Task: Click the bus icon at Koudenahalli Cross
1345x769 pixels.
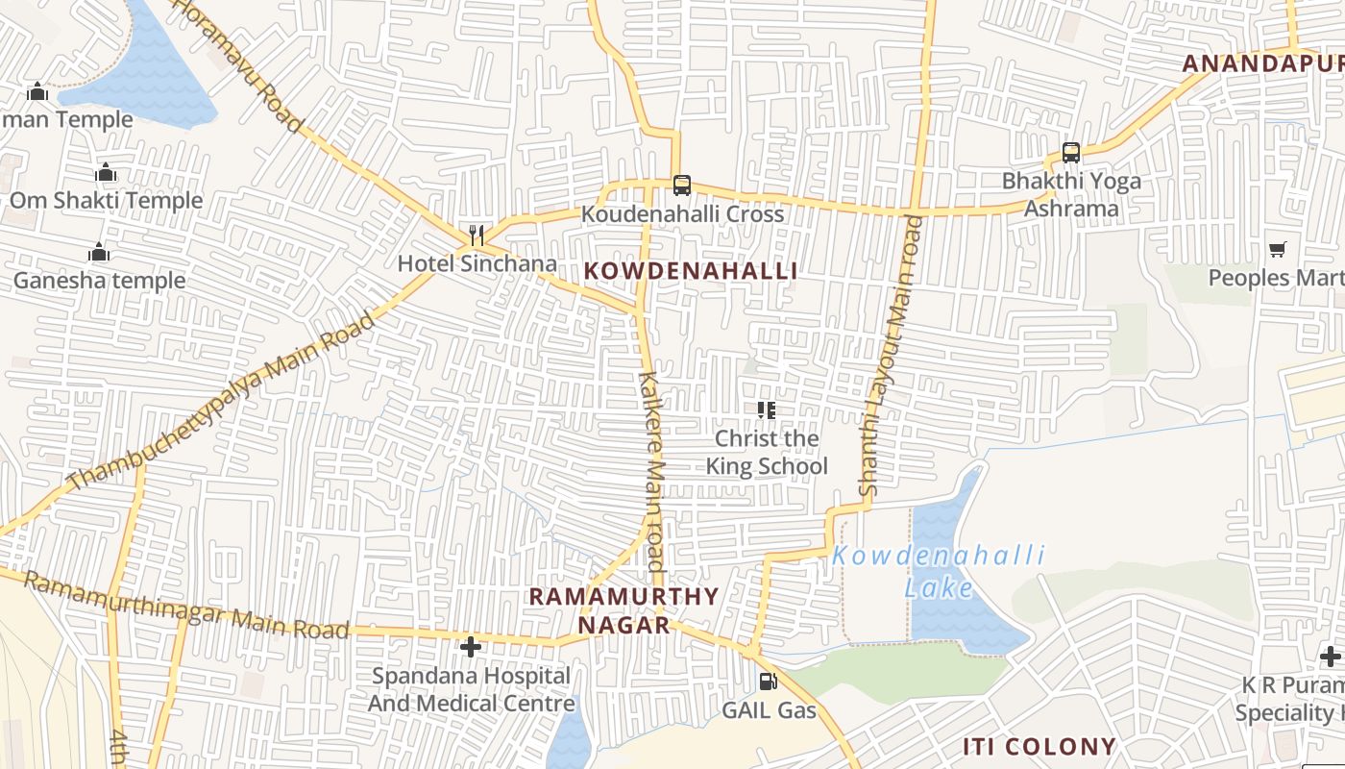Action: pos(681,185)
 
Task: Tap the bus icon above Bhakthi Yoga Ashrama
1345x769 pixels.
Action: pos(1070,152)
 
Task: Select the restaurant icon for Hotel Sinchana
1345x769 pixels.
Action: pos(477,235)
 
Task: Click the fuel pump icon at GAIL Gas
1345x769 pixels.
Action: pos(768,682)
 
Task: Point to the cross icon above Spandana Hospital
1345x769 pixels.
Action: pos(471,647)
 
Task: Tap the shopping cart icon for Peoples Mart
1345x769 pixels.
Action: pos(1277,250)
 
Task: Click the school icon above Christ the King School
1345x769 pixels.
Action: pos(766,410)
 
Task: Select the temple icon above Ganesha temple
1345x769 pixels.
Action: pos(99,253)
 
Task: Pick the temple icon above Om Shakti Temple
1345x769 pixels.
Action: pos(106,173)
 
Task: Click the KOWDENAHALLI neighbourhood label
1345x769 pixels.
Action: pos(691,271)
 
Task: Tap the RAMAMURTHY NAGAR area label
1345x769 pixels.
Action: pos(624,610)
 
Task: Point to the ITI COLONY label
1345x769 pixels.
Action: pos(1039,747)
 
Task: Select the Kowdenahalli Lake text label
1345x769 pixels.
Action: pos(938,571)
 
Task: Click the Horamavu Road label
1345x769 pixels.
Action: pos(239,65)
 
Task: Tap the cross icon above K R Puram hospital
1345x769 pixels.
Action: pos(1331,657)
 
